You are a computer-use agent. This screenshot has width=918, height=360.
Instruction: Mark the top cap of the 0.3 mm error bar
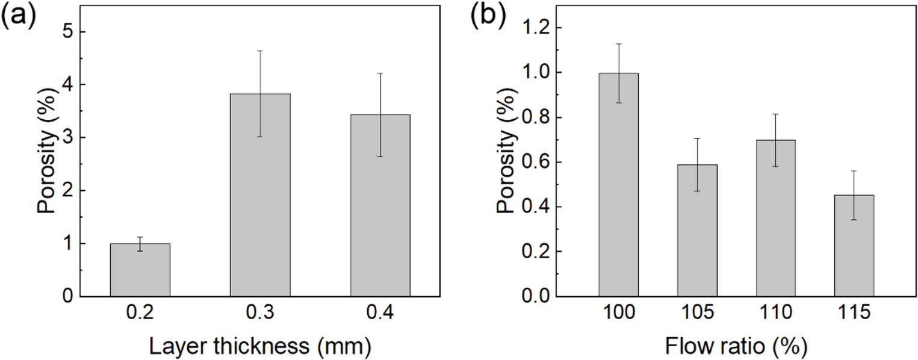point(260,51)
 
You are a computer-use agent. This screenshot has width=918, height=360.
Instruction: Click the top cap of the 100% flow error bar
point(618,44)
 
